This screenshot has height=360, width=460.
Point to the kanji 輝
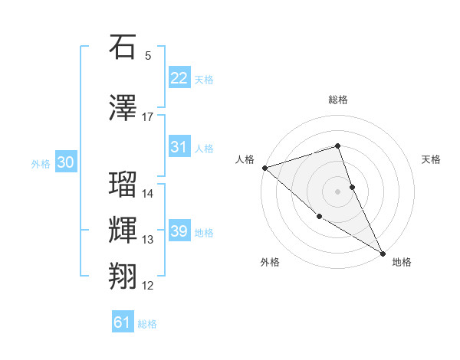pyautogui.click(x=123, y=231)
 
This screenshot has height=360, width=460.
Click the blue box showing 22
pyautogui.click(x=179, y=77)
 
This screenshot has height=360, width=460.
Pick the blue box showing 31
pyautogui.click(x=179, y=147)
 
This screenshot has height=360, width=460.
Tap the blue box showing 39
pyautogui.click(x=179, y=231)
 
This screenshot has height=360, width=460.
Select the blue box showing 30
pyautogui.click(x=65, y=162)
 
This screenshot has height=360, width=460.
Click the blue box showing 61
pyautogui.click(x=123, y=322)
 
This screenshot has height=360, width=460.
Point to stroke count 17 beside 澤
pyautogui.click(x=147, y=117)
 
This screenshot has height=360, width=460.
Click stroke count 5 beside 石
pyautogui.click(x=147, y=55)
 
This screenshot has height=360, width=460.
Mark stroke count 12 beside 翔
pyautogui.click(x=147, y=286)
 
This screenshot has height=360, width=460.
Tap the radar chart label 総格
pyautogui.click(x=338, y=100)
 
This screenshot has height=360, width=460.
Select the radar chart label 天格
pyautogui.click(x=431, y=159)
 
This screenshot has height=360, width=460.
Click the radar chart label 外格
pyautogui.click(x=270, y=262)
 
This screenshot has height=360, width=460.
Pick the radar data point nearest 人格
pyautogui.click(x=264, y=167)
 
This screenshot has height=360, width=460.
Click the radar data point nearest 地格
pyautogui.click(x=383, y=253)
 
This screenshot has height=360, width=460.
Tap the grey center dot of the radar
pyautogui.click(x=338, y=191)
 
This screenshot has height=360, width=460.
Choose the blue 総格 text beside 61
pyautogui.click(x=147, y=324)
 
